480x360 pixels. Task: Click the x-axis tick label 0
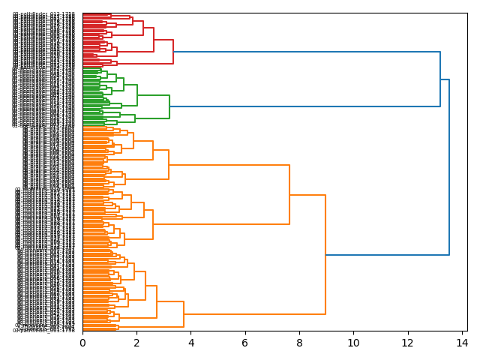(x=82, y=342)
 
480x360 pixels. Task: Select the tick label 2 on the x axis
(x=136, y=342)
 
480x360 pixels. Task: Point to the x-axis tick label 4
(x=190, y=342)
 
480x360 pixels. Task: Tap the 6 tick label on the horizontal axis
(x=244, y=342)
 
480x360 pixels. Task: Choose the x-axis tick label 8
(x=299, y=342)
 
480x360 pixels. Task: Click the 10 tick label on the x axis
(x=353, y=342)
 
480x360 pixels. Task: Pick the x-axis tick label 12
(x=407, y=342)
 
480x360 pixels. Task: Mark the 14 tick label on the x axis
(x=461, y=342)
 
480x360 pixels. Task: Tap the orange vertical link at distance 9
(x=325, y=255)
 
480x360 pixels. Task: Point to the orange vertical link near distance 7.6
(x=289, y=194)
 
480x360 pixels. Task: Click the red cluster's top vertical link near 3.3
(x=173, y=52)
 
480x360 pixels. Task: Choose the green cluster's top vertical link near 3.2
(x=169, y=106)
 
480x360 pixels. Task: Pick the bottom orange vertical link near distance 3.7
(x=184, y=314)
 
